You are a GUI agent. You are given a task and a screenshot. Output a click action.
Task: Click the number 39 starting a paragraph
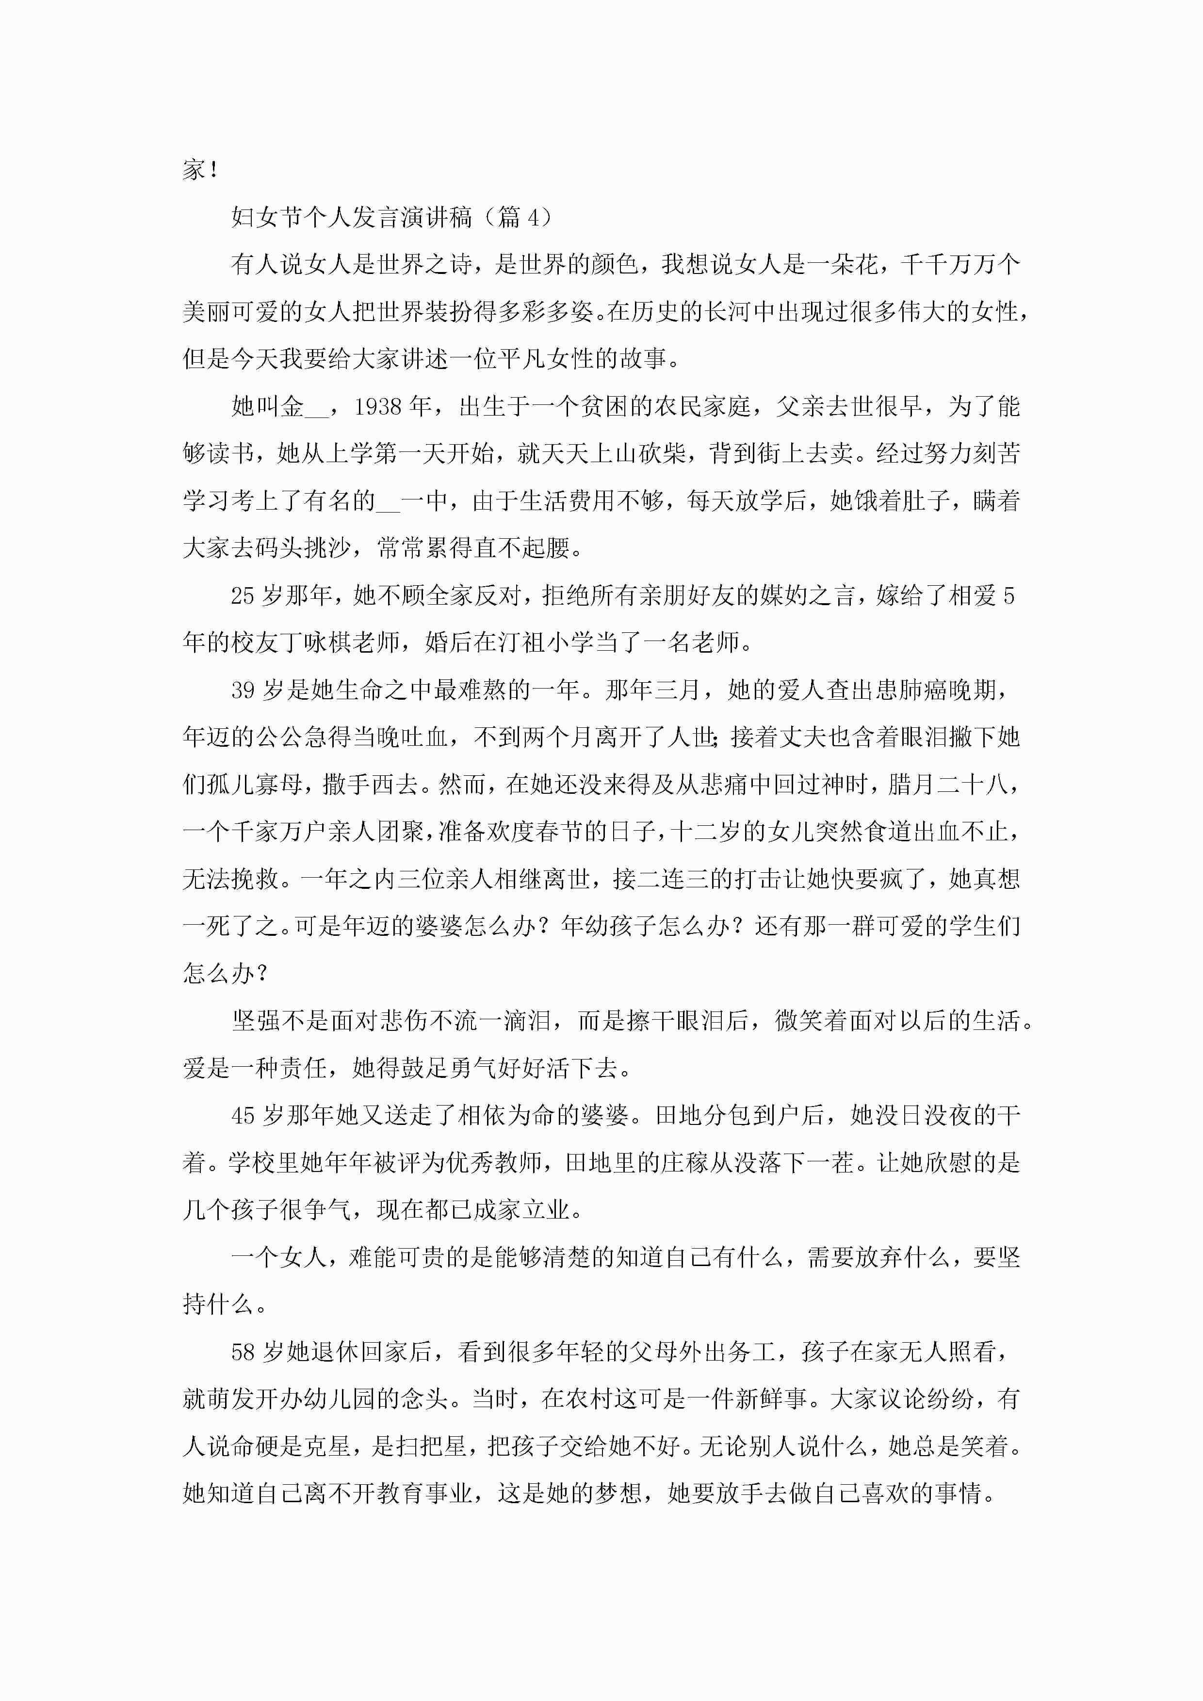243,690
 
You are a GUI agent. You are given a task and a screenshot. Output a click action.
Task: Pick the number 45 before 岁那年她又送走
243,1116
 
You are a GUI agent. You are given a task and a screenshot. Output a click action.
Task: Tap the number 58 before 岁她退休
243,1352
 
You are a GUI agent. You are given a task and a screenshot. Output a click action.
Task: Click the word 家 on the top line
194,170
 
